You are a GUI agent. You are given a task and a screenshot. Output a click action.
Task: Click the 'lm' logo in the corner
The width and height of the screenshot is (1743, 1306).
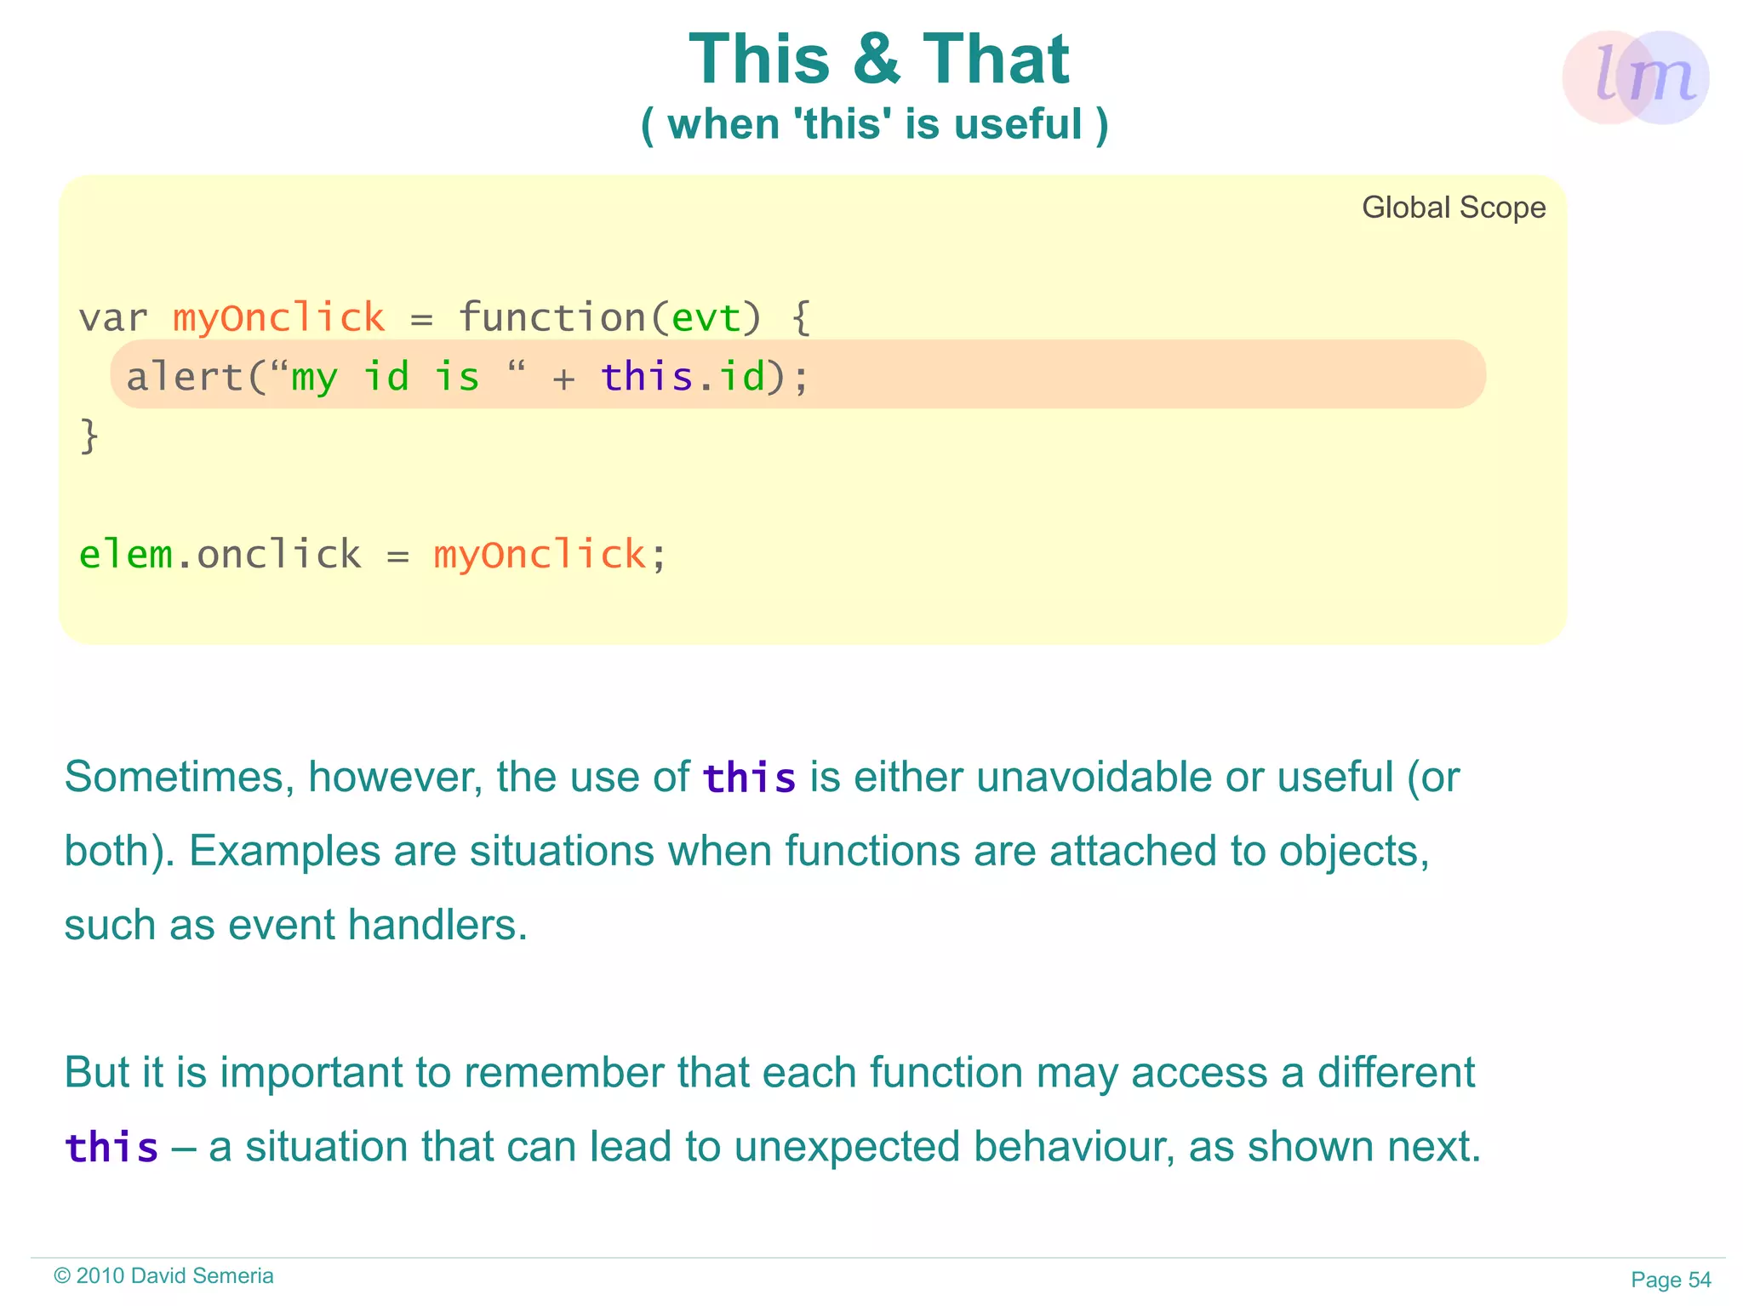click(x=1636, y=77)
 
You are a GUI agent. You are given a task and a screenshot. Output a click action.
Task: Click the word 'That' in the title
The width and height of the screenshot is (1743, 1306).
click(x=996, y=60)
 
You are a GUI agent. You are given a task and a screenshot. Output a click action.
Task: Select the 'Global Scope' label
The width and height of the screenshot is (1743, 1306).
click(x=1454, y=208)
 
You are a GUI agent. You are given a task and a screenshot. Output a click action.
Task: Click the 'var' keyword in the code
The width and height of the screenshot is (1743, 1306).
click(x=113, y=318)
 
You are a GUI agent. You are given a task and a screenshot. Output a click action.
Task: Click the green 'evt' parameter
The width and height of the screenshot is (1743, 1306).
click(x=706, y=318)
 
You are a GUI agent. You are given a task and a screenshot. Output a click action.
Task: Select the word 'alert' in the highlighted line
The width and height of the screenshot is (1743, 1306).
click(x=185, y=376)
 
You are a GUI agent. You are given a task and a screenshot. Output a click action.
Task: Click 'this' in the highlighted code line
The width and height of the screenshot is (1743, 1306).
click(x=647, y=376)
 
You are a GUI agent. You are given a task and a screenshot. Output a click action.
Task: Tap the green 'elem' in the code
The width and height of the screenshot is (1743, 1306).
click(x=125, y=555)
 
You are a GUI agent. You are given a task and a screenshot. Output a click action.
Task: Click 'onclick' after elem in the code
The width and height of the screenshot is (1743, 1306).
click(x=278, y=555)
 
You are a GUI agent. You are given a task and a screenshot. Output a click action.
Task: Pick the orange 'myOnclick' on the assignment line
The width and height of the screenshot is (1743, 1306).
click(x=540, y=555)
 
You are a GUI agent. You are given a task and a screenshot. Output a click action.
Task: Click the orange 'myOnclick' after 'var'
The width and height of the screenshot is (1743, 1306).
click(x=278, y=318)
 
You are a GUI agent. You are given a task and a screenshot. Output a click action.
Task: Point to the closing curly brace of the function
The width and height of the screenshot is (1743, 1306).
click(x=89, y=436)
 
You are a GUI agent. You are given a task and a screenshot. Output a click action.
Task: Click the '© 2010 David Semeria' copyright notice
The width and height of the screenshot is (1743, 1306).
click(x=163, y=1275)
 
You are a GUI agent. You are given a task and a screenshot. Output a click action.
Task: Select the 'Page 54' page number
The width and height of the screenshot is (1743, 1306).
click(x=1671, y=1280)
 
